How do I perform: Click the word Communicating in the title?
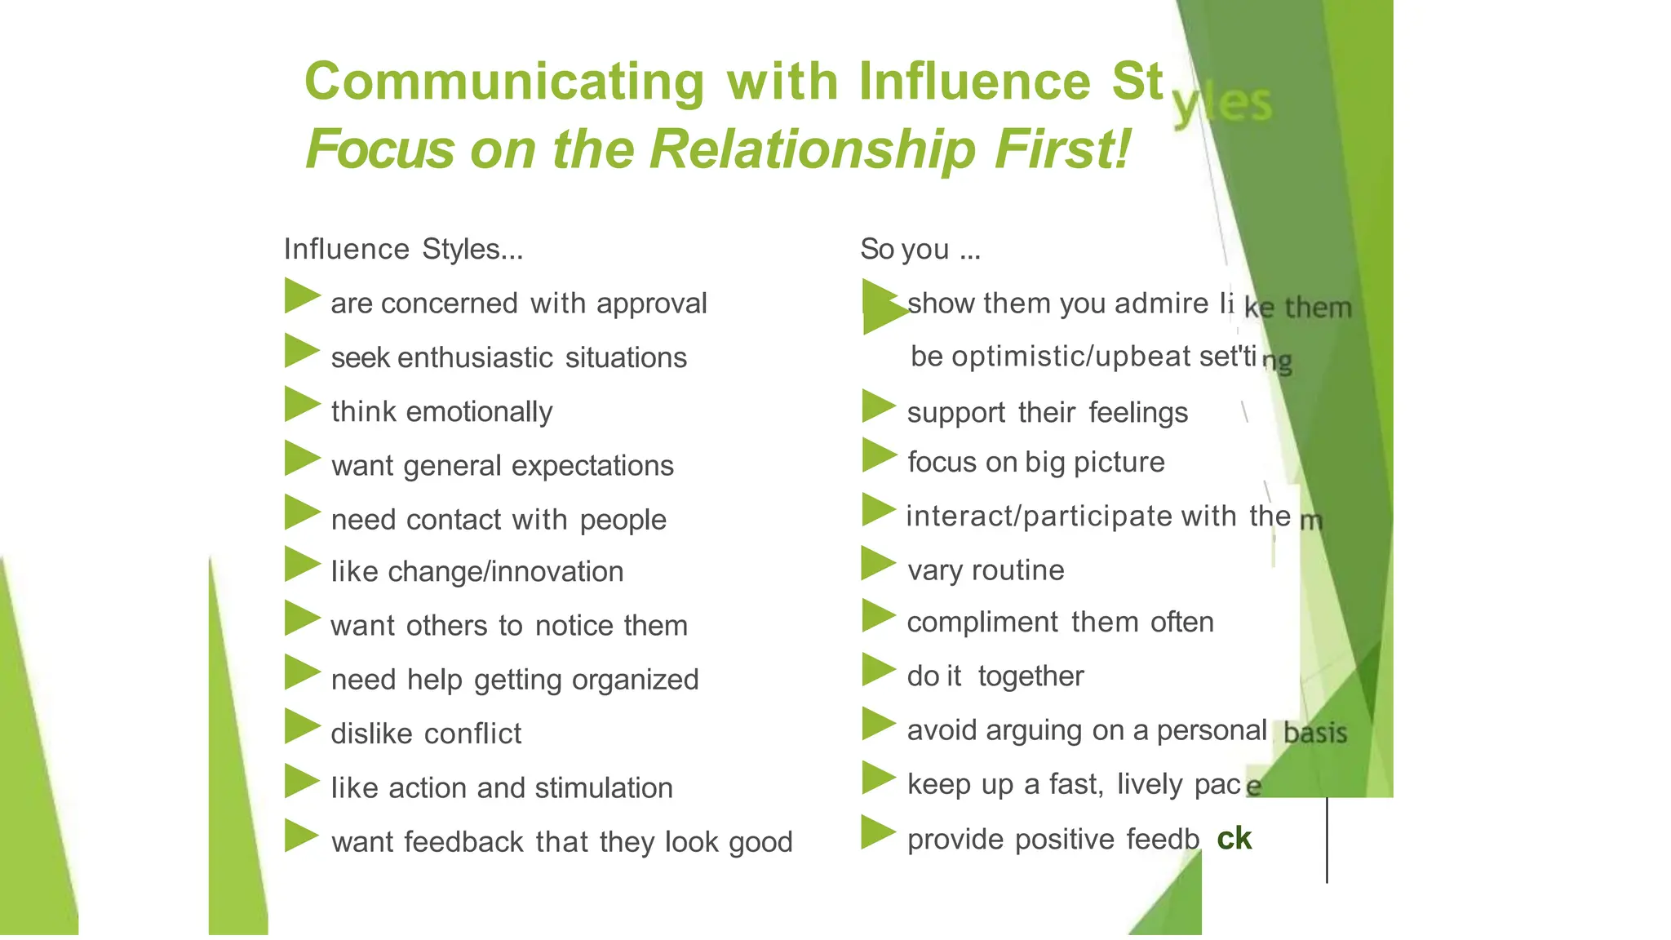[504, 82]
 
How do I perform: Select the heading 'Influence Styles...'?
[403, 249]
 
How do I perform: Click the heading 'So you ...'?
[920, 249]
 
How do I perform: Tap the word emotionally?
[479, 412]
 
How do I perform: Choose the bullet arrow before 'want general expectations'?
[301, 459]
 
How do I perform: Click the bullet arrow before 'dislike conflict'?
[301, 726]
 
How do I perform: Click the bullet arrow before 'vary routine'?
[878, 563]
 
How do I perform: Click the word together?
[1031, 676]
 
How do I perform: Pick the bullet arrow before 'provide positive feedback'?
[878, 832]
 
